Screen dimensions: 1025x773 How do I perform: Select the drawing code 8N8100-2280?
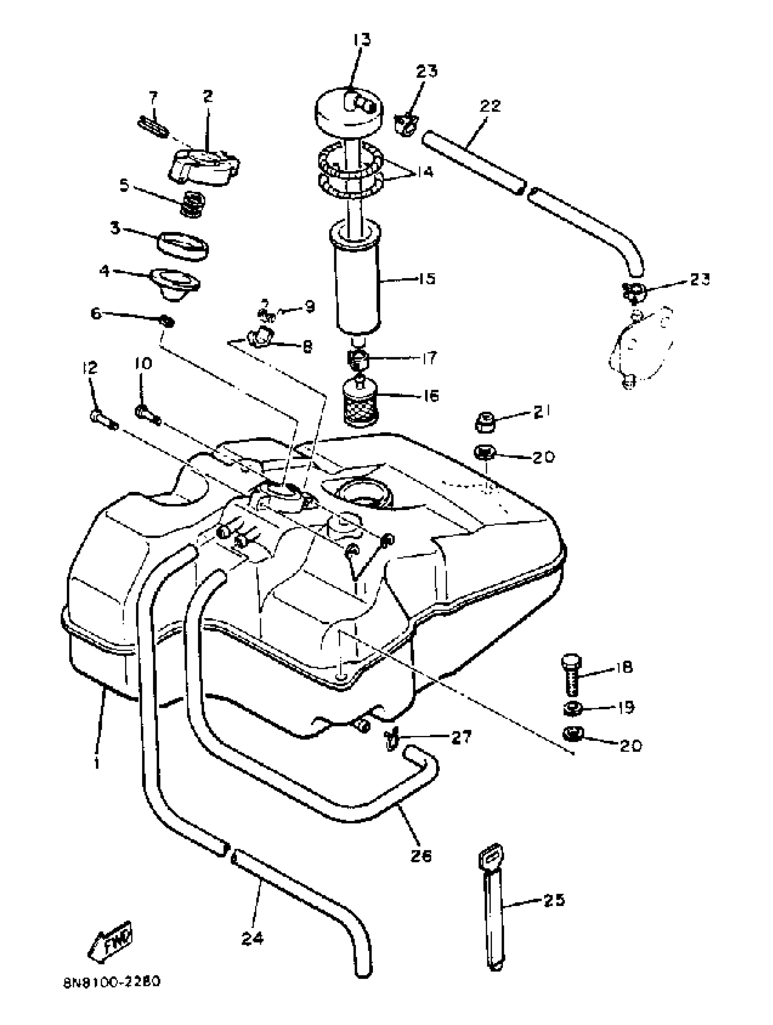[111, 994]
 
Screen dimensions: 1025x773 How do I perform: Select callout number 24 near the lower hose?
[252, 938]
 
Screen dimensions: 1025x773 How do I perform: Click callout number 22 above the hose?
[490, 106]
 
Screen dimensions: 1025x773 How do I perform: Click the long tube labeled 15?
[357, 283]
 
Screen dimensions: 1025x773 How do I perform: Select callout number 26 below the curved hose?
[420, 855]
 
